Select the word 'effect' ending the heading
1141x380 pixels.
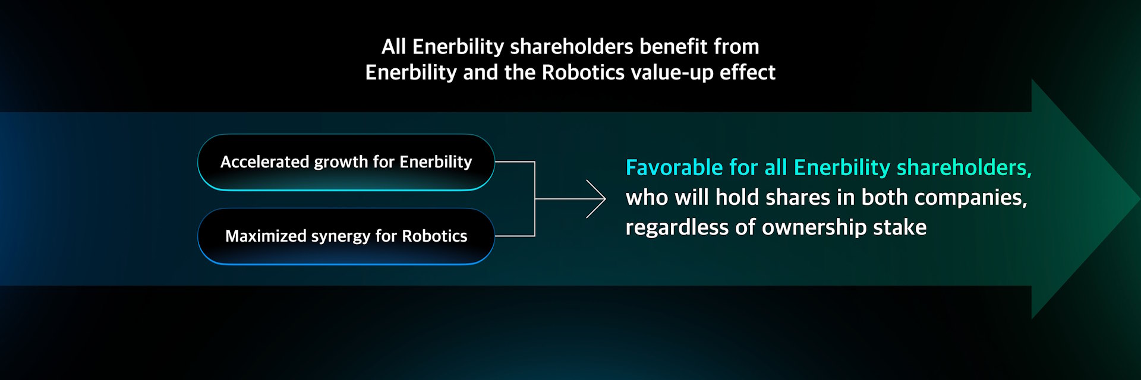pyautogui.click(x=748, y=72)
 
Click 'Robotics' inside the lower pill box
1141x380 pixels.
pyautogui.click(x=434, y=236)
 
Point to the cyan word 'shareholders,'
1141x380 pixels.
pyautogui.click(x=964, y=167)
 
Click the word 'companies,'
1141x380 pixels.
pyautogui.click(x=971, y=198)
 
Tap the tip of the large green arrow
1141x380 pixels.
pyautogui.click(x=1140, y=199)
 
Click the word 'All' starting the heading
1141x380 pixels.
pyautogui.click(x=393, y=46)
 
